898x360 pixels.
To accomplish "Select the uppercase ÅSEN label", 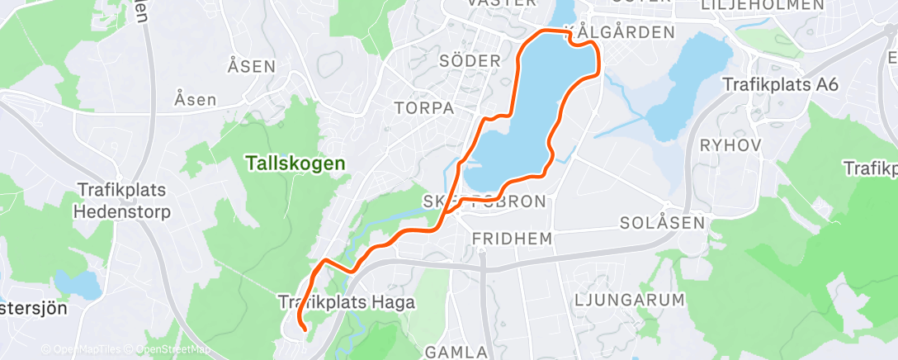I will (x=251, y=66).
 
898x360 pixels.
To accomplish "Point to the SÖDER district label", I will (x=470, y=61).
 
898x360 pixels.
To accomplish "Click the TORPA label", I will (x=424, y=108).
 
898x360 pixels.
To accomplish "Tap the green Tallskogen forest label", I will (x=295, y=163).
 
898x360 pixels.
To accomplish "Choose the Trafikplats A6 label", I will (x=780, y=85).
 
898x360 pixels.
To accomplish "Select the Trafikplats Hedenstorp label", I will (x=122, y=201).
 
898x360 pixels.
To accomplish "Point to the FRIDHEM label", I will (x=512, y=238).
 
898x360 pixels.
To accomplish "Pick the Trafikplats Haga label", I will (x=347, y=303).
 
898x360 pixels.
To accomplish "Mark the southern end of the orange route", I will (x=306, y=330).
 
